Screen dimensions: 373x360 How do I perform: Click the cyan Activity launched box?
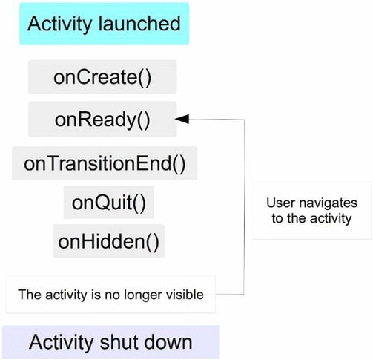[105, 24]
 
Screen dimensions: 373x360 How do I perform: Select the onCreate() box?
[102, 77]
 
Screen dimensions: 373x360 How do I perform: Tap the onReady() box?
[102, 119]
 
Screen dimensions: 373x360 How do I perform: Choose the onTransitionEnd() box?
[105, 163]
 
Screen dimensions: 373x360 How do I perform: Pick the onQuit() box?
[109, 203]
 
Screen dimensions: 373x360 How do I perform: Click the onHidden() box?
[109, 241]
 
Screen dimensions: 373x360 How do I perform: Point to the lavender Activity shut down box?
[111, 342]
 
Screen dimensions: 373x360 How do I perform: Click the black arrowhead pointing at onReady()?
[182, 119]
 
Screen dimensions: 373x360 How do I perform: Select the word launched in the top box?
[139, 24]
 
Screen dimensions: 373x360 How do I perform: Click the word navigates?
[328, 204]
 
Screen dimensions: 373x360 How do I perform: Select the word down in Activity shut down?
[168, 342]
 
